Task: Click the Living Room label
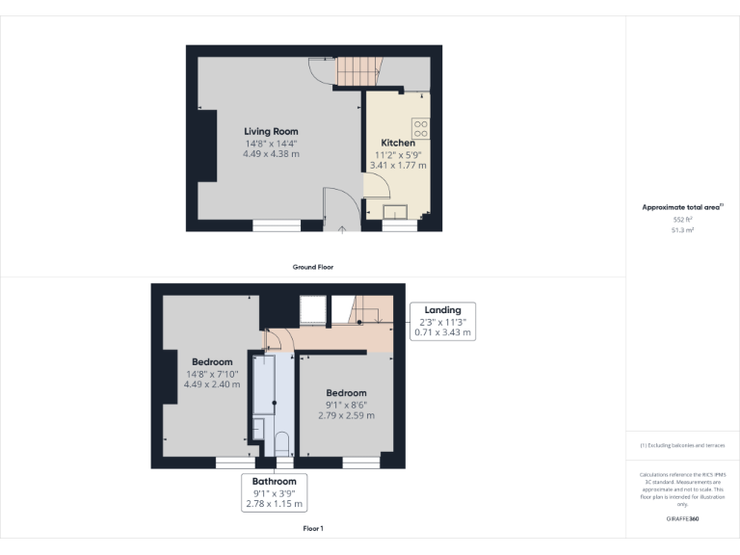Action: coord(271,131)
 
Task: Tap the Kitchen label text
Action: coord(398,143)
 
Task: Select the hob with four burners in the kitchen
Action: coord(421,127)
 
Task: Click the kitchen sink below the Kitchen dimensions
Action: coord(396,213)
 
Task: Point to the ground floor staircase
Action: coord(359,70)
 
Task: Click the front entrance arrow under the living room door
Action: coord(344,229)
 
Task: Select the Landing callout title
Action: coord(442,309)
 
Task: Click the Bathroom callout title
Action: coord(274,480)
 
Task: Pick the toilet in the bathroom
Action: coord(282,442)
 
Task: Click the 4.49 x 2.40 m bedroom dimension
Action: coord(212,384)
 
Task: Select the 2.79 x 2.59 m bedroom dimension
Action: coord(346,415)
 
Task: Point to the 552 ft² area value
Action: coord(683,220)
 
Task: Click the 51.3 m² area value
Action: coord(683,230)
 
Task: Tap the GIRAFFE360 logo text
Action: coord(683,518)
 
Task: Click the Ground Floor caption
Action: coord(313,267)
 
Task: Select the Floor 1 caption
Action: coord(313,529)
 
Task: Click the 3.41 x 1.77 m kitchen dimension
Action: coord(398,166)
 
